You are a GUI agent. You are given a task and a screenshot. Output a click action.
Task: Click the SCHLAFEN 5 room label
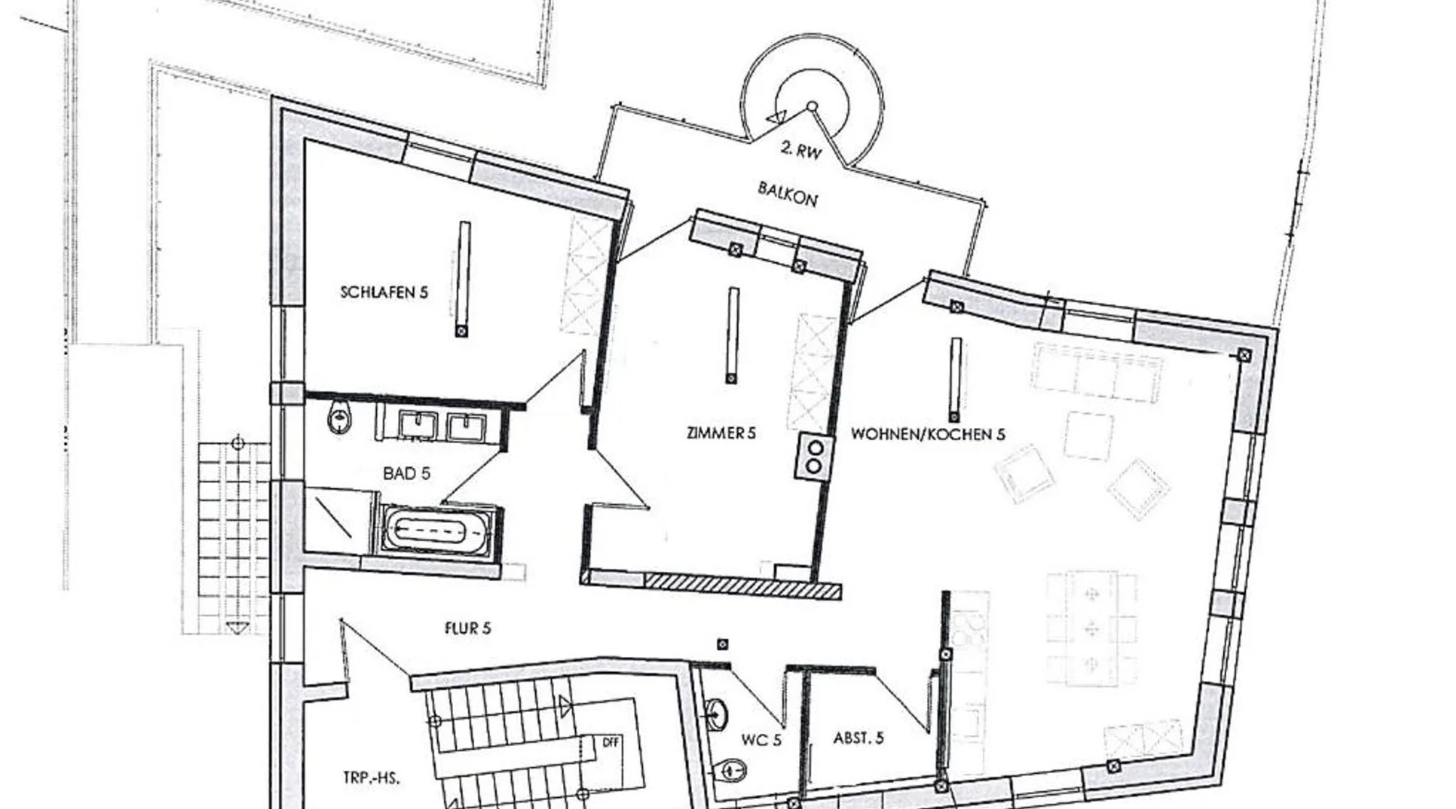(x=383, y=292)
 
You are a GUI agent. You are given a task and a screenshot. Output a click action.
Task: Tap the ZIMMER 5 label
(x=721, y=434)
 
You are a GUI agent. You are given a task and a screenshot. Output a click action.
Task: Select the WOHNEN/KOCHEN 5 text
(x=928, y=434)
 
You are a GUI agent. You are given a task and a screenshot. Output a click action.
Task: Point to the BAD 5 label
(x=406, y=473)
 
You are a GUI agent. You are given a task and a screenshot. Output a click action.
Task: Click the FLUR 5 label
(x=468, y=628)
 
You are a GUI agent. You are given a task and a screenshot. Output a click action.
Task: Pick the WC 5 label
(x=761, y=739)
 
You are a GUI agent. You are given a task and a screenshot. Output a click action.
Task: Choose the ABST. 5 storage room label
(x=858, y=738)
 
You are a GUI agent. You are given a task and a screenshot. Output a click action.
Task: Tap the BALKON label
(x=787, y=193)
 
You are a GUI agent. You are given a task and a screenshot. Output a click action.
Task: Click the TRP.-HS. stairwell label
(x=370, y=779)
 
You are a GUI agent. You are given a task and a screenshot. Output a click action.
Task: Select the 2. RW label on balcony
(x=801, y=150)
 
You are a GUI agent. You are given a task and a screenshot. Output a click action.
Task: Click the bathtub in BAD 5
(x=437, y=532)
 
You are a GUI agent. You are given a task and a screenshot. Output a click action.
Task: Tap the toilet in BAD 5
(x=340, y=418)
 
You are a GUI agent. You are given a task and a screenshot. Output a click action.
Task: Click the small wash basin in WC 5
(x=716, y=714)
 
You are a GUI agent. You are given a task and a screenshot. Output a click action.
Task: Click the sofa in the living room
(x=1097, y=371)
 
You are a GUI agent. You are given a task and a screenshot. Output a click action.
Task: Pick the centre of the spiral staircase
(x=812, y=106)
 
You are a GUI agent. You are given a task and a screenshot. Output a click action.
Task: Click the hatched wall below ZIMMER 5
(x=743, y=586)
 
